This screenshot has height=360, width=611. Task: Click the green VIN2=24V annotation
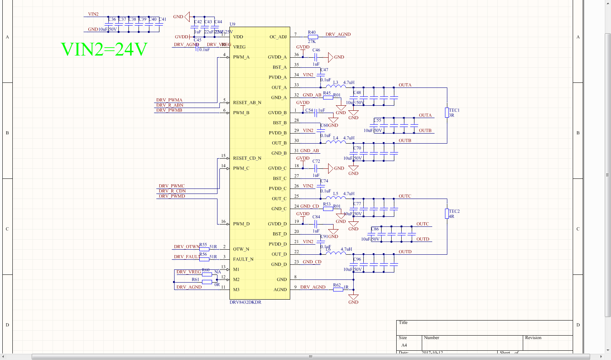[104, 50]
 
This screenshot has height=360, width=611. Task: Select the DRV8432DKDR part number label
[245, 302]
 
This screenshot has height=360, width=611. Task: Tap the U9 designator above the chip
[232, 24]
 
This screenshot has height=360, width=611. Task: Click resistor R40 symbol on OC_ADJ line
[313, 37]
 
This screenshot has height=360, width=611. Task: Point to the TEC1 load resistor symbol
[447, 113]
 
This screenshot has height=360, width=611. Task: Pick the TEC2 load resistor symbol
[447, 214]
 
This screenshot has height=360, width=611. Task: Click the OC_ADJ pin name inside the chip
[278, 37]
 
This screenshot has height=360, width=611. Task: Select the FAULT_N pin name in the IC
[243, 259]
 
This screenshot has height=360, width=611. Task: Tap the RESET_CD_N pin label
[247, 158]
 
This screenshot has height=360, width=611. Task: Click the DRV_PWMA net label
[169, 100]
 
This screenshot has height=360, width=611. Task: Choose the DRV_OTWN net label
[187, 247]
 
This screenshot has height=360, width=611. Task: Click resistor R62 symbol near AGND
[338, 290]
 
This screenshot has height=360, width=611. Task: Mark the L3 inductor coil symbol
[335, 86]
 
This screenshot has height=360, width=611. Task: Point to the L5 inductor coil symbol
[335, 197]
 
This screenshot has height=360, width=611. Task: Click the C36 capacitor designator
[112, 19]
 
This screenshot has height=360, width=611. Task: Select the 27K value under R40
[311, 41]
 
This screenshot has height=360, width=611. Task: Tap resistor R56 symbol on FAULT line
[204, 259]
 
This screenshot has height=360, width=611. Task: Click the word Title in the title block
[403, 322]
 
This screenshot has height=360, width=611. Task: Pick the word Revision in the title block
[533, 338]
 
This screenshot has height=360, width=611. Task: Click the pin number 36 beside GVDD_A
[296, 55]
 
